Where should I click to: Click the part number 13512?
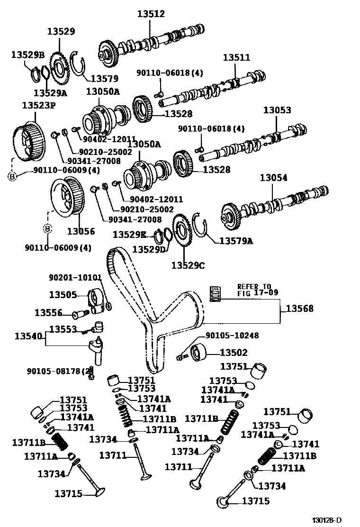click(151, 14)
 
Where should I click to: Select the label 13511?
click(236, 58)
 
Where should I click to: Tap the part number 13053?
click(277, 110)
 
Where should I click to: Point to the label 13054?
click(273, 178)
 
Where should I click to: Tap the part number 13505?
click(63, 295)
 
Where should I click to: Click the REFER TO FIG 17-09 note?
click(254, 290)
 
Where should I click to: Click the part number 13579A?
click(235, 241)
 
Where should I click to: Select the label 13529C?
click(188, 265)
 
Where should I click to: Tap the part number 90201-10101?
click(75, 277)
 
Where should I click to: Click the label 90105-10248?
click(232, 336)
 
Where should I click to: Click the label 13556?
click(48, 313)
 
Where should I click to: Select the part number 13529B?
click(27, 55)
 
